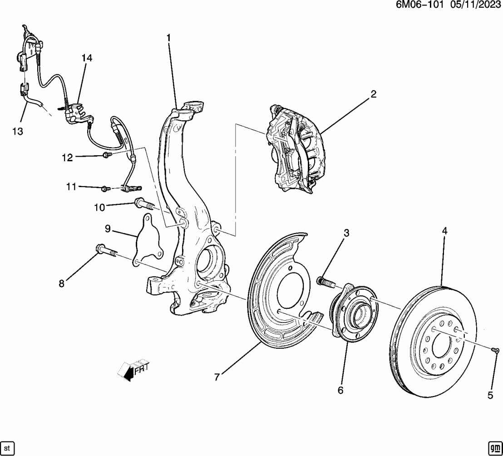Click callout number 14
point(86,58)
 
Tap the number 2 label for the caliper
point(373,94)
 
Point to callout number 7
point(217,377)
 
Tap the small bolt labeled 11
point(106,188)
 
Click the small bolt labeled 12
point(106,155)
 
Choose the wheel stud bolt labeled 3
point(326,282)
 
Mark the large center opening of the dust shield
point(293,291)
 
